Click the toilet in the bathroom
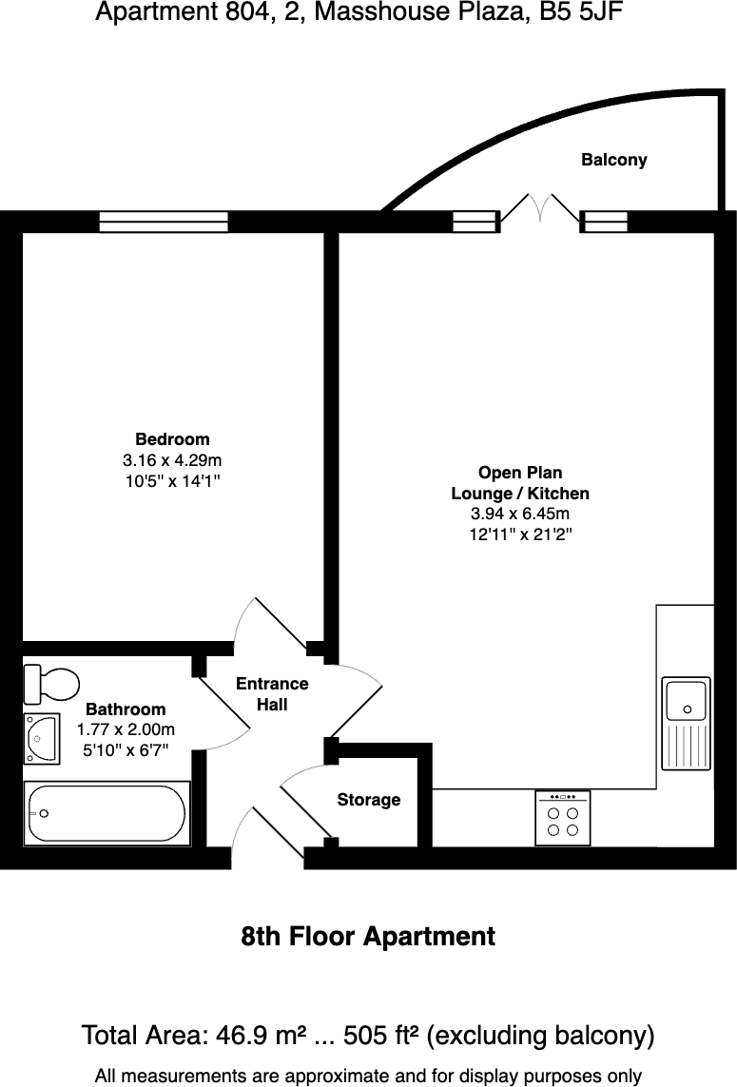[x=52, y=682]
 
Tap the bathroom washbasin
[x=42, y=738]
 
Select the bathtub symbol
[x=107, y=813]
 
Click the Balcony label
[x=613, y=160]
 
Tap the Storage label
[x=368, y=800]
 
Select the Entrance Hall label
[x=272, y=694]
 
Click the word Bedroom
[x=172, y=439]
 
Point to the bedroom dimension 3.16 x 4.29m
[x=172, y=460]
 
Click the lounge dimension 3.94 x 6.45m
[x=519, y=514]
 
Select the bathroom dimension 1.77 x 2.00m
[x=126, y=730]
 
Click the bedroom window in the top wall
[x=164, y=222]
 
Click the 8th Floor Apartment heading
[x=368, y=937]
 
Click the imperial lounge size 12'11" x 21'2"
[x=519, y=534]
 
